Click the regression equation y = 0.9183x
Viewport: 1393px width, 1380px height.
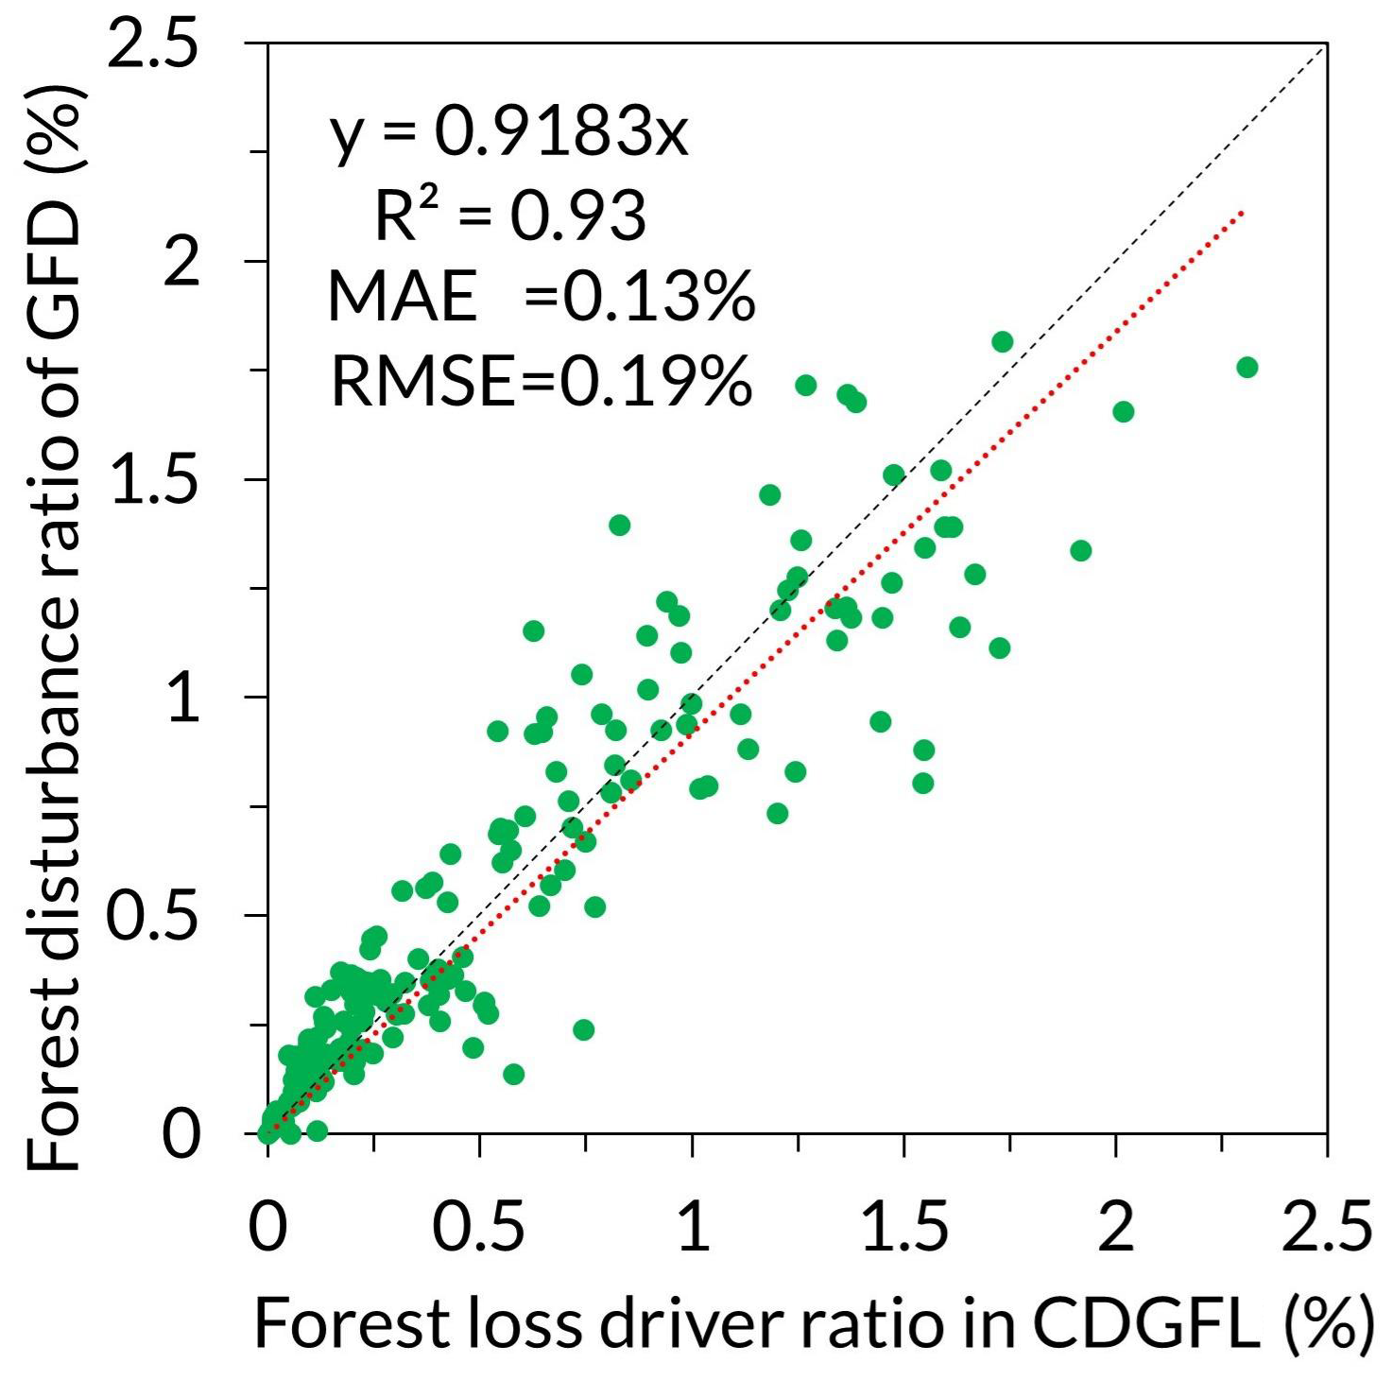(x=509, y=133)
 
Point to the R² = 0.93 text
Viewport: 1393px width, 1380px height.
(x=510, y=216)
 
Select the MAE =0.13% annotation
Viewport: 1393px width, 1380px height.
(x=541, y=297)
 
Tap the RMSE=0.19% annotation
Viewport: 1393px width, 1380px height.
(x=541, y=381)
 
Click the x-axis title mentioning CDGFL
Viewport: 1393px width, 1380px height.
(x=813, y=1322)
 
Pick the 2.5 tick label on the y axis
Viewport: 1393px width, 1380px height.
(x=154, y=45)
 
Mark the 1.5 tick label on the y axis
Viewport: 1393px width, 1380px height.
(x=154, y=480)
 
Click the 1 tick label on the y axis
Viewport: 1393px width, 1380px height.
(x=184, y=699)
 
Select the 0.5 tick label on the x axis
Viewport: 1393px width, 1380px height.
(x=479, y=1226)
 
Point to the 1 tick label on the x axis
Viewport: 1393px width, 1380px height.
(x=693, y=1226)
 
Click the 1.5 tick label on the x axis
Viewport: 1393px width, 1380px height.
(x=904, y=1226)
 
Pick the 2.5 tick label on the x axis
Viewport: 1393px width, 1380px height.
(x=1327, y=1226)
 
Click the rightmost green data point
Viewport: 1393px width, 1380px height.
(x=1247, y=367)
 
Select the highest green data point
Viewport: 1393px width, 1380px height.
(x=1003, y=341)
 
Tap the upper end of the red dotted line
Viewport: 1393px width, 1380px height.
(x=1242, y=212)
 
